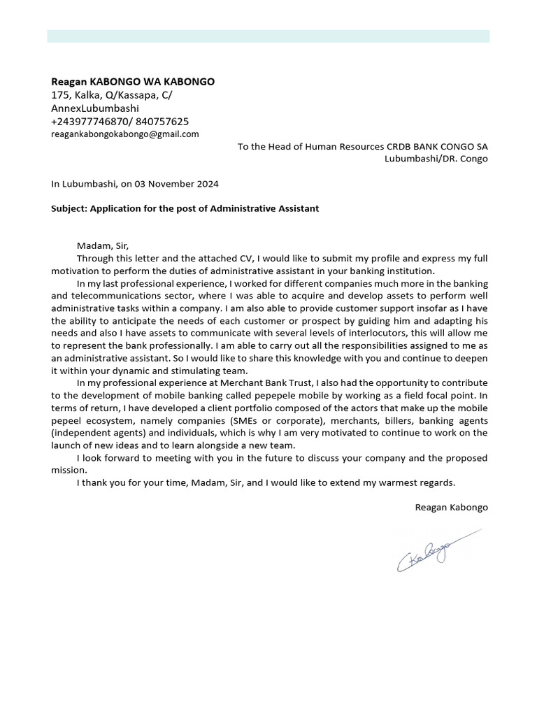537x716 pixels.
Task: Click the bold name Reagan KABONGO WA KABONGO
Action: pyautogui.click(x=133, y=82)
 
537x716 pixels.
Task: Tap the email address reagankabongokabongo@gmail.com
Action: pyautogui.click(x=125, y=134)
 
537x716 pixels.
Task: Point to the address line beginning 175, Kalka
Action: pyautogui.click(x=112, y=95)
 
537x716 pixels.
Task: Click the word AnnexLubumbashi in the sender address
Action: pyautogui.click(x=95, y=108)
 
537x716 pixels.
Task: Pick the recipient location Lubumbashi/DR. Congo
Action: pyautogui.click(x=436, y=159)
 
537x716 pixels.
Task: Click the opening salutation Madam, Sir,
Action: pyautogui.click(x=103, y=245)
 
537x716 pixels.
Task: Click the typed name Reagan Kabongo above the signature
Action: pyautogui.click(x=451, y=507)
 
